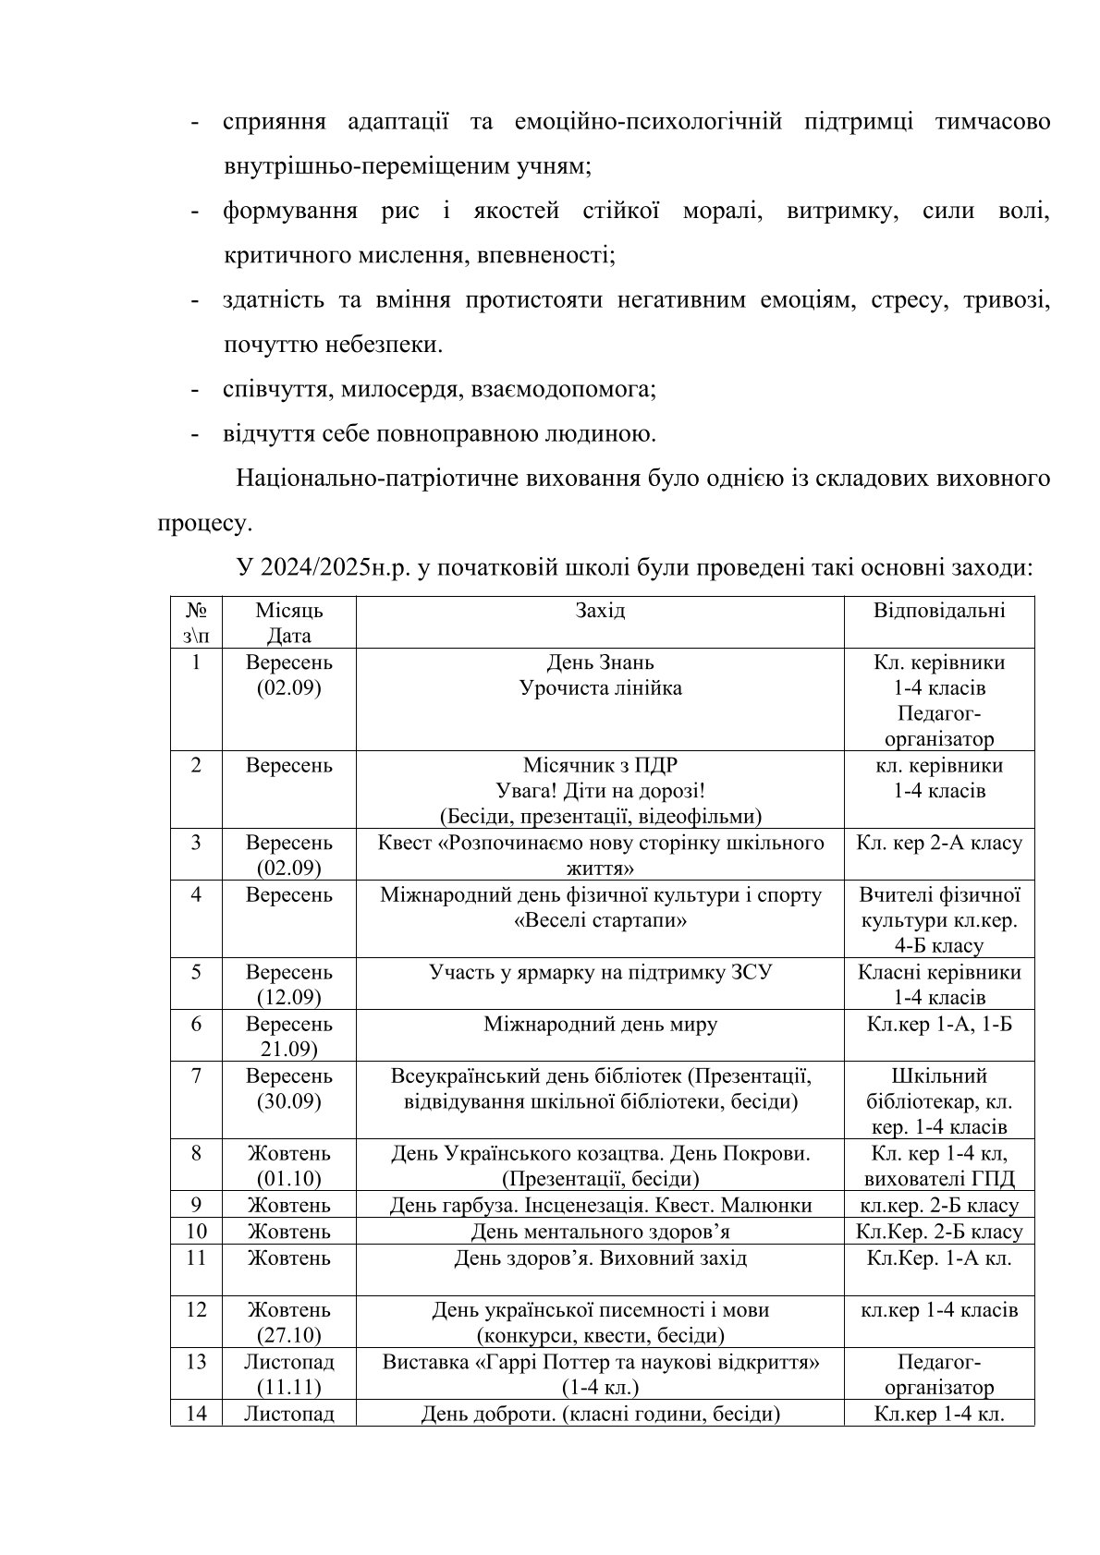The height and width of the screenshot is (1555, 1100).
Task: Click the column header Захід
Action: click(x=599, y=611)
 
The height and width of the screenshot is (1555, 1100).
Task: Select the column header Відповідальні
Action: click(x=939, y=611)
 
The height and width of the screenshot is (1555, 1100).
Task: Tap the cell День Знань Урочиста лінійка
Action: click(x=600, y=675)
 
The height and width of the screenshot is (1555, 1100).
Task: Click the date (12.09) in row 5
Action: click(x=288, y=998)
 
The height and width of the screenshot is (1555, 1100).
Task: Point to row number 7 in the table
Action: click(x=196, y=1076)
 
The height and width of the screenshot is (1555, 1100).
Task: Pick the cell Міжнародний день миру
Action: click(x=600, y=1025)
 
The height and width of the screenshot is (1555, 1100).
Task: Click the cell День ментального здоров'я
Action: click(x=600, y=1232)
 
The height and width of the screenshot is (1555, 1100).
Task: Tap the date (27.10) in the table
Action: click(x=288, y=1336)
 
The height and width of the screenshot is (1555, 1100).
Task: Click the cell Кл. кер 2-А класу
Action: click(x=939, y=844)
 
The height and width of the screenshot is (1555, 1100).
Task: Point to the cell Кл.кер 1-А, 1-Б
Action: click(x=939, y=1025)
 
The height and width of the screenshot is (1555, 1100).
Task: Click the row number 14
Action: click(x=196, y=1414)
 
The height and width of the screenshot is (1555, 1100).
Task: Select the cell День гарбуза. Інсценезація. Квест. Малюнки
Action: click(x=600, y=1206)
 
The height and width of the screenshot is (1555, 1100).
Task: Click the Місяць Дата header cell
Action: click(x=288, y=623)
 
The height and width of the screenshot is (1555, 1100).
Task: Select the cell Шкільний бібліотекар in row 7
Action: click(x=939, y=1101)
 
